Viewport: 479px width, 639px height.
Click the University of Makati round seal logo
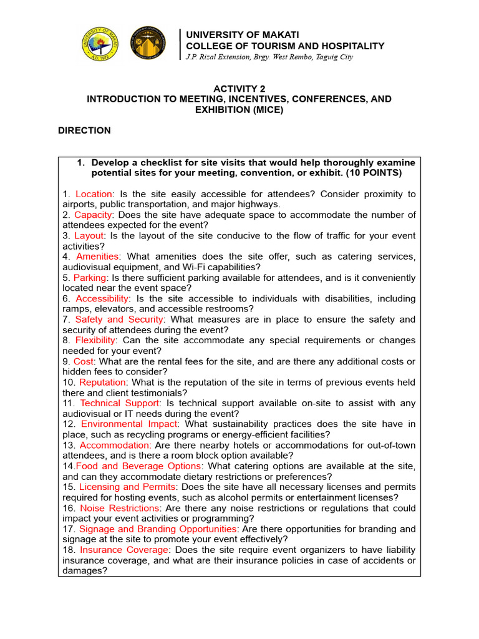104,44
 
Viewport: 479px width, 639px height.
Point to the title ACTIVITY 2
239,89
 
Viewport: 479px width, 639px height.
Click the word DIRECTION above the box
84,130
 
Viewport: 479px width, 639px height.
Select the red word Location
94,194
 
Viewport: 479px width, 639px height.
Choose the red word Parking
90,278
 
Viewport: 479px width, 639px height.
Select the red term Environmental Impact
129,424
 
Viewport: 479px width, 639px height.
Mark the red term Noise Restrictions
119,508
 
